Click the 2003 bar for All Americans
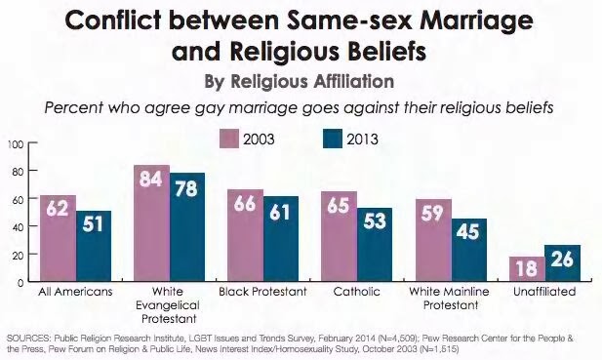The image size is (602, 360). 58,238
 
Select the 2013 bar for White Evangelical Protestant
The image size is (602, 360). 187,226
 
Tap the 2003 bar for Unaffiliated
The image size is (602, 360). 527,268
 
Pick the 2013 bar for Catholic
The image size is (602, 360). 375,245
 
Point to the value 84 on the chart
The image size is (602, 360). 151,179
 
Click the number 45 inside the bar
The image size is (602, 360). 468,231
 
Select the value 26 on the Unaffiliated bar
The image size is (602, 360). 562,260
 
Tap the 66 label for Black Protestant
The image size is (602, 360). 245,203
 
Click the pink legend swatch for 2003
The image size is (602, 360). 229,139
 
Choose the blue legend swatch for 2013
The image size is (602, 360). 333,139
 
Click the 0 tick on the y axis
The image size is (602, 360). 20,282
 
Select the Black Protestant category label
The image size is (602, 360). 263,292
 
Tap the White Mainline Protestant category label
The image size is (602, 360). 450,299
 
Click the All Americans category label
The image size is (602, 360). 75,292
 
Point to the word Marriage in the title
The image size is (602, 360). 476,22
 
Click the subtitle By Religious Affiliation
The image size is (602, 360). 300,81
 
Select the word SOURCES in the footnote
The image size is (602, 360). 28,339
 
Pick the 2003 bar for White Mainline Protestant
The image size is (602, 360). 434,240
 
